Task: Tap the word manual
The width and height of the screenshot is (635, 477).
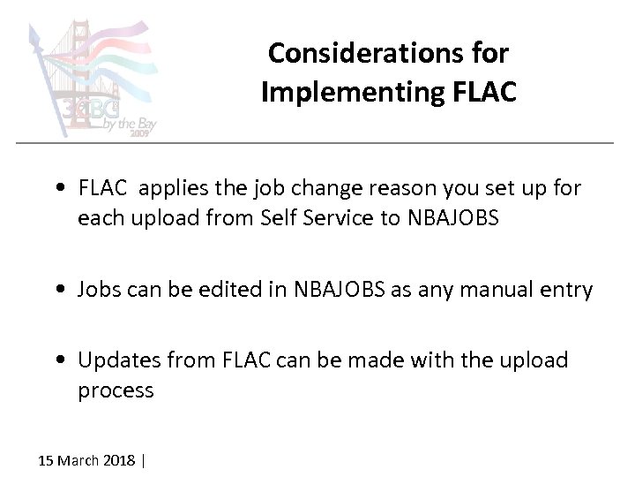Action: click(x=497, y=289)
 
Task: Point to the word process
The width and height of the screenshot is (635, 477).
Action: click(x=116, y=390)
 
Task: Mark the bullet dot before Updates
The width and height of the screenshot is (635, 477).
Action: click(x=59, y=361)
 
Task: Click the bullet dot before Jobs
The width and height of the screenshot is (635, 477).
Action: click(x=59, y=290)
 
